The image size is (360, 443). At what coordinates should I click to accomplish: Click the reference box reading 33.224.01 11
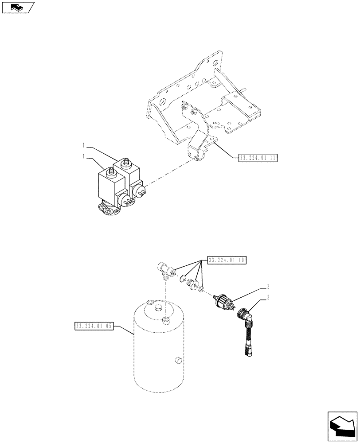pos(258,157)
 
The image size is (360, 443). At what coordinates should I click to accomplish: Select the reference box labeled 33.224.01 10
pos(226,260)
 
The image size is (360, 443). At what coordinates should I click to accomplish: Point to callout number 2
pos(268,286)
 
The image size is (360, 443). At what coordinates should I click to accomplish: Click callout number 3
pos(268,299)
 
